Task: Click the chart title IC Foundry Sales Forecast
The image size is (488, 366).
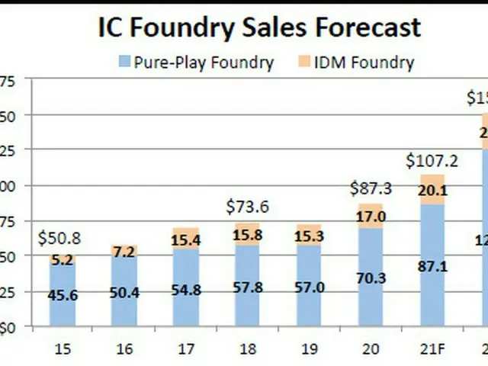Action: [x=259, y=27]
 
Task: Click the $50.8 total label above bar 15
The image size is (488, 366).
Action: [x=59, y=238]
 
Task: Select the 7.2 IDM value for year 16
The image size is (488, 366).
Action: [x=124, y=252]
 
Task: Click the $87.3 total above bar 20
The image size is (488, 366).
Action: [x=371, y=188]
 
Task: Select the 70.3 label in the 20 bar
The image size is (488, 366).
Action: [x=371, y=279]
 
